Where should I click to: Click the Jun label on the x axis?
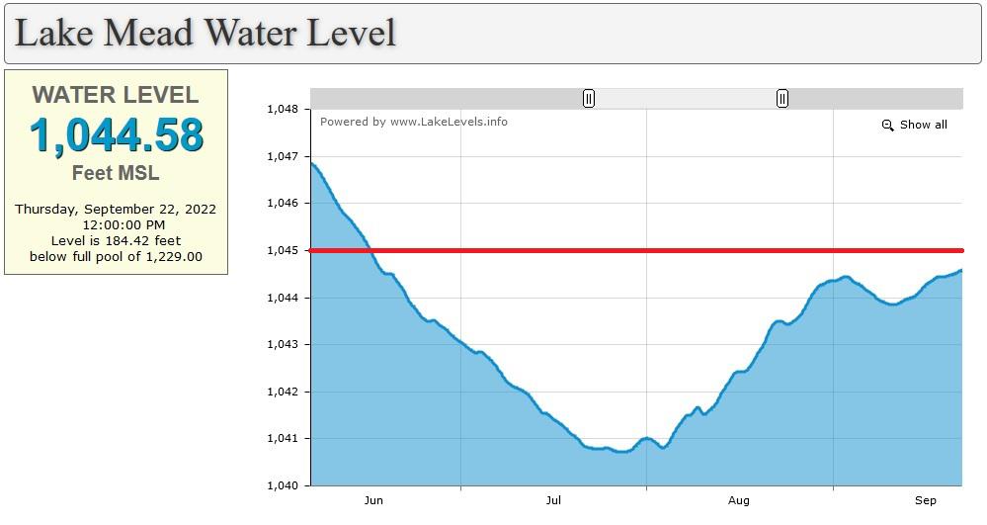click(372, 500)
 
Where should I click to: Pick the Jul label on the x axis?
click(553, 500)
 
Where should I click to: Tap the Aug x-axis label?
click(739, 500)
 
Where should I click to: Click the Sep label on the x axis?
click(925, 500)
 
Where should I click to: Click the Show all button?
click(923, 125)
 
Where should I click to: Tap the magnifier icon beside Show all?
click(887, 126)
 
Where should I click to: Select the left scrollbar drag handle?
click(589, 99)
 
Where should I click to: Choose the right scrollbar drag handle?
click(782, 99)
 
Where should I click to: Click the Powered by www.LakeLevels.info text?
click(414, 122)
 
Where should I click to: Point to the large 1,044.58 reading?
click(116, 135)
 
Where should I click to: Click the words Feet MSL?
click(116, 173)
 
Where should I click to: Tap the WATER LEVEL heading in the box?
click(116, 95)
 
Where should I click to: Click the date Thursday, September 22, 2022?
click(116, 209)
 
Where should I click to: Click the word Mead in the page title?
click(148, 33)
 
